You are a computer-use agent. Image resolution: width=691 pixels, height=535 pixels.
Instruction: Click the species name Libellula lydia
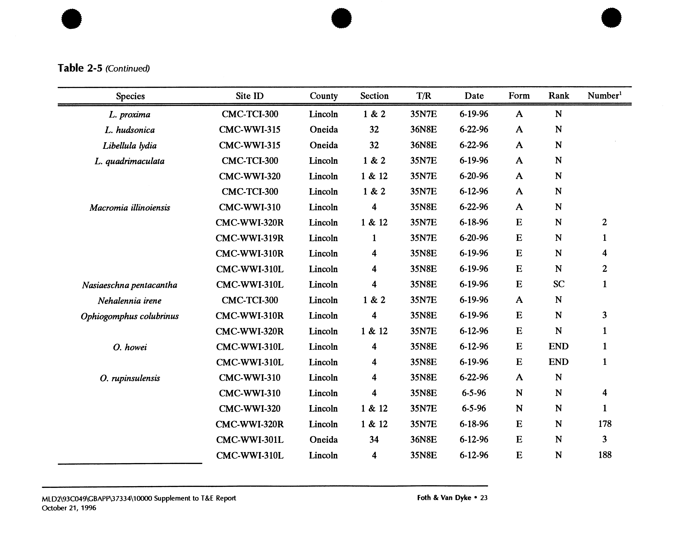pos(130,146)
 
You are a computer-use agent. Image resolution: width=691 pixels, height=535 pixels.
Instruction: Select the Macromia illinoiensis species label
pos(130,208)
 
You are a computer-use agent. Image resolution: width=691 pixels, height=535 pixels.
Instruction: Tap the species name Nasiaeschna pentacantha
pos(130,285)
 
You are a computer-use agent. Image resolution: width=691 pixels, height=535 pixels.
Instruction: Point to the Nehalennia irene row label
pos(130,301)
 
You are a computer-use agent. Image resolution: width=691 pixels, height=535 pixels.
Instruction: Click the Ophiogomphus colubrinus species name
pos(130,316)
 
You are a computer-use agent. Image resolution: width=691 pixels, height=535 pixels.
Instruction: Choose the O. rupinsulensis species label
pos(130,378)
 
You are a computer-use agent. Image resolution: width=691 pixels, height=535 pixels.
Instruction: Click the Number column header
pos(604,96)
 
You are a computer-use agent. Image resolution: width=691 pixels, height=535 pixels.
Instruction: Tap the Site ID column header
pos(250,96)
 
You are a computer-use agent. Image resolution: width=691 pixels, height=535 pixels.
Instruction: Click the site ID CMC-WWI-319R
pos(250,238)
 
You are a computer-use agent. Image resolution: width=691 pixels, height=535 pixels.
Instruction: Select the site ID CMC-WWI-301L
pos(250,439)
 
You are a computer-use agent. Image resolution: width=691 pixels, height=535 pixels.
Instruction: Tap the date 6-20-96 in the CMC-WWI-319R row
pos(474,238)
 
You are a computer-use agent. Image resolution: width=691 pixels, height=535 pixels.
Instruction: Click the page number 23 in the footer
pos(484,498)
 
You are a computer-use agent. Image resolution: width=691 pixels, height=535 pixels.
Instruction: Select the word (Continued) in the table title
pos(127,69)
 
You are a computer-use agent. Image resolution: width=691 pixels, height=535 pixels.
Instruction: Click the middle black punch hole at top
pos(341,18)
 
